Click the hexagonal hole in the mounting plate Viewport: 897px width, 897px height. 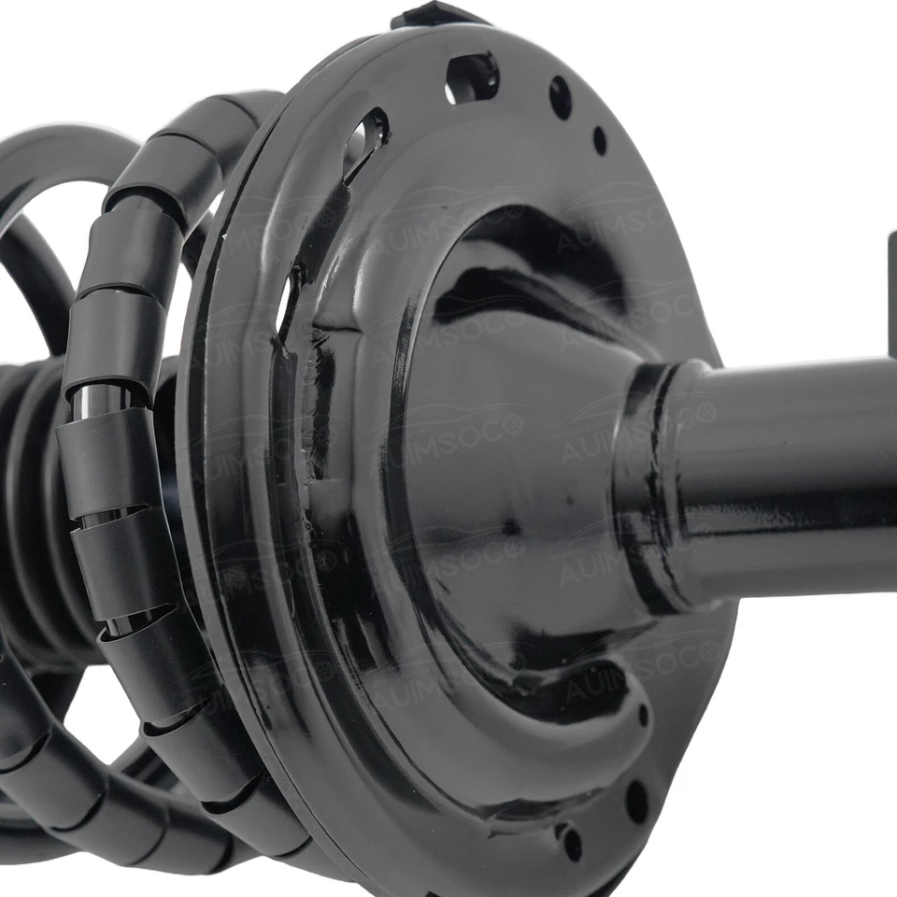pos(473,77)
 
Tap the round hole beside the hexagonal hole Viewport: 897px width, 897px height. pos(560,96)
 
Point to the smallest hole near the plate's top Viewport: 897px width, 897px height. pos(599,140)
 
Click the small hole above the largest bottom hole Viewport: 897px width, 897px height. pos(643,715)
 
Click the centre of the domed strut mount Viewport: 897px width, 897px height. pos(495,467)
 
